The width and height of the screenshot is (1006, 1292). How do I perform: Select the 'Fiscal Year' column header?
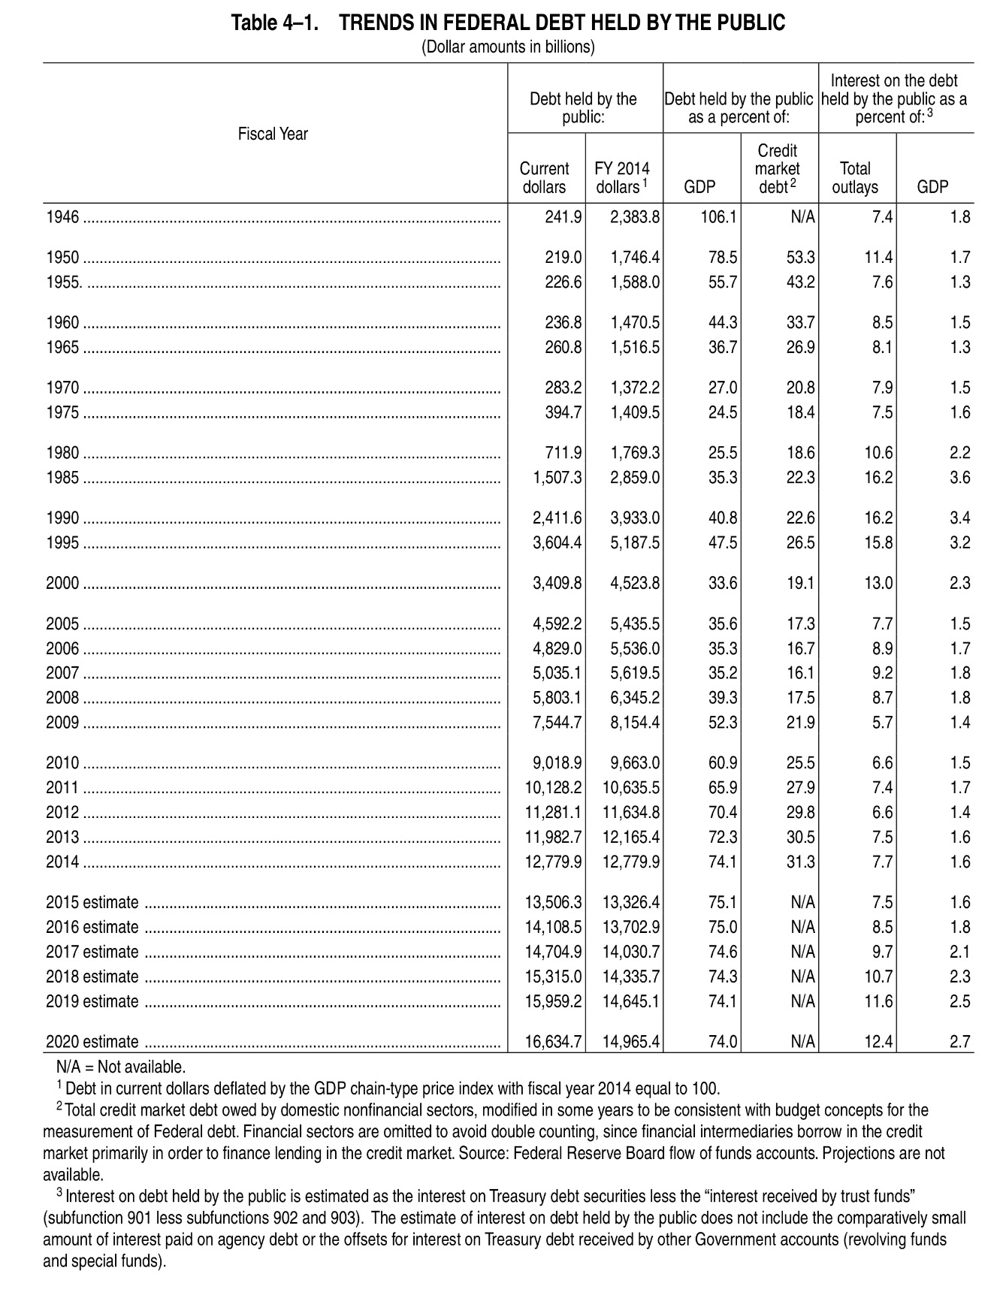coord(273,134)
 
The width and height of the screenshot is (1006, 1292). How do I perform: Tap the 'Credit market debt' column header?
coord(778,169)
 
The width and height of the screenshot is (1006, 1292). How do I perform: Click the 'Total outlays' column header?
coord(855,178)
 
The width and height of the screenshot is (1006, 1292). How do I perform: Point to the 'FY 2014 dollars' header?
coord(622,178)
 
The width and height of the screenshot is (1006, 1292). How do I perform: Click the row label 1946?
coord(62,218)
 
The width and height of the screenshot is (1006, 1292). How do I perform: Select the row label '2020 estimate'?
coord(92,1042)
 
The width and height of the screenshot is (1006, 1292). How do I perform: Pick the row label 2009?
coord(62,723)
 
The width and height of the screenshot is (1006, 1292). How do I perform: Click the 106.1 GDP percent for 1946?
coord(718,218)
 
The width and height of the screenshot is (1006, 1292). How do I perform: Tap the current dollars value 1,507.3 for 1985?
coord(557,478)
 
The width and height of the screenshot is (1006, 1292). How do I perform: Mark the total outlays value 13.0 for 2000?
coord(878,583)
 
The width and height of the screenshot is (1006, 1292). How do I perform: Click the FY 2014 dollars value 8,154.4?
coord(635,723)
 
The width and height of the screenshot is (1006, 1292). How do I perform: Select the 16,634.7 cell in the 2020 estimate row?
coord(553,1042)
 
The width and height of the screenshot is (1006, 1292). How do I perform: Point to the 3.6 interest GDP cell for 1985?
coord(959,478)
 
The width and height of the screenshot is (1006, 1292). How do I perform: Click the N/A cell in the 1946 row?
coord(802,218)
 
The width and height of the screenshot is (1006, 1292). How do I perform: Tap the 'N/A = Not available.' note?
coord(120,1067)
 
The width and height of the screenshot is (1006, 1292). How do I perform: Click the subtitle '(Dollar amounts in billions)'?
coord(508,47)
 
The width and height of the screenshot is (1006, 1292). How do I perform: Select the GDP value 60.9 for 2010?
coord(722,763)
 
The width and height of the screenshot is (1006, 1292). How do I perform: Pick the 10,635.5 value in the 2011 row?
coord(631,788)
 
